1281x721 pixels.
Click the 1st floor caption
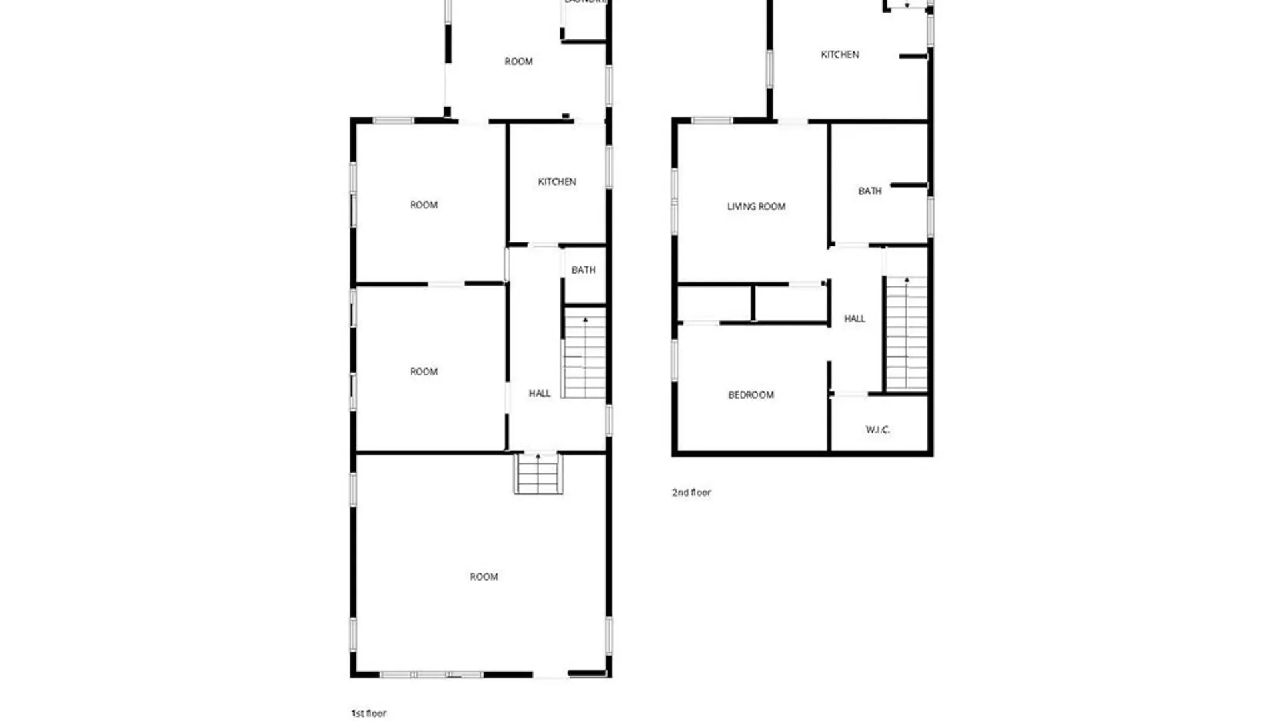(x=369, y=713)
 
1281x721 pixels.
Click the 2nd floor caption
(x=691, y=493)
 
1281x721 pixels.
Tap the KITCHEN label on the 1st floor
(x=557, y=182)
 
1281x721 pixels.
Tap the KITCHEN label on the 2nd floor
(x=840, y=55)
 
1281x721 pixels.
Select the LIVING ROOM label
(x=756, y=207)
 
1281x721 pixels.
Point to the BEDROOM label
(x=751, y=395)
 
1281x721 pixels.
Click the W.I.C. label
(x=878, y=430)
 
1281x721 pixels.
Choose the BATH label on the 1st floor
(x=583, y=270)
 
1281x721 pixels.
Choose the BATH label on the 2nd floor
(x=869, y=192)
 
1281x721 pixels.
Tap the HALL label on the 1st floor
(x=540, y=394)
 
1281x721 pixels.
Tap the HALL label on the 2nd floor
(x=855, y=319)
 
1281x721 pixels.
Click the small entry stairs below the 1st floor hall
(x=538, y=473)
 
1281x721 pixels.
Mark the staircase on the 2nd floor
(x=906, y=334)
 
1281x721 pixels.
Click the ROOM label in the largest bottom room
(x=484, y=577)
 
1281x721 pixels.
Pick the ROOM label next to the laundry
(x=518, y=62)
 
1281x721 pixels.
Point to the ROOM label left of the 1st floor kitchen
(x=424, y=206)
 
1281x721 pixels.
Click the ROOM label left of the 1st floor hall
(x=424, y=372)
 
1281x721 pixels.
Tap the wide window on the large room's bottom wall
(x=431, y=674)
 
